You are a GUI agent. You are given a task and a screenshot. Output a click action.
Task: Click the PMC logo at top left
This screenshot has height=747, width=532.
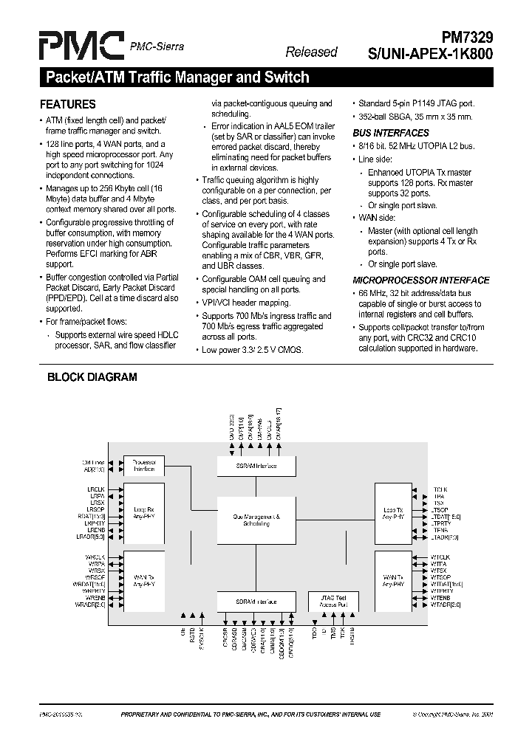coord(81,47)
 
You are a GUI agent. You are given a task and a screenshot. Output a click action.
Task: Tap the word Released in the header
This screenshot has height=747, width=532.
coord(311,52)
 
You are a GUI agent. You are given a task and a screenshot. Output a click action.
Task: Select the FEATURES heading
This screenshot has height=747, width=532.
coord(67,105)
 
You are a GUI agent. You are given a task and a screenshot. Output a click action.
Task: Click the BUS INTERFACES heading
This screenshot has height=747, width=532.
coord(390,133)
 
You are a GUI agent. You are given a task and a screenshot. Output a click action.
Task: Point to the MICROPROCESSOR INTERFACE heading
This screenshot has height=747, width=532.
coord(420,280)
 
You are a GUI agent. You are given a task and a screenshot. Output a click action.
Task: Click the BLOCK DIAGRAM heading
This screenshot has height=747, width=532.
coord(92,377)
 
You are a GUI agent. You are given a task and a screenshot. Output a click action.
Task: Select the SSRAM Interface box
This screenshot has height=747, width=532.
coord(256,466)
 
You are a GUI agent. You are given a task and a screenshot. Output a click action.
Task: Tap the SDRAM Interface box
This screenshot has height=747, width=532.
coord(256,602)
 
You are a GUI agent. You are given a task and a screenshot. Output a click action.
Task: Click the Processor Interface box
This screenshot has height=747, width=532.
coord(144,465)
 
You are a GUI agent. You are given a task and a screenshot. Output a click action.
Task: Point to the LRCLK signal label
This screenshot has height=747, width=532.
coord(96,489)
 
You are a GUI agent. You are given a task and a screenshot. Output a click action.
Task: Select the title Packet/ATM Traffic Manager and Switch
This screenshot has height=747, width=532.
coord(177,77)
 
